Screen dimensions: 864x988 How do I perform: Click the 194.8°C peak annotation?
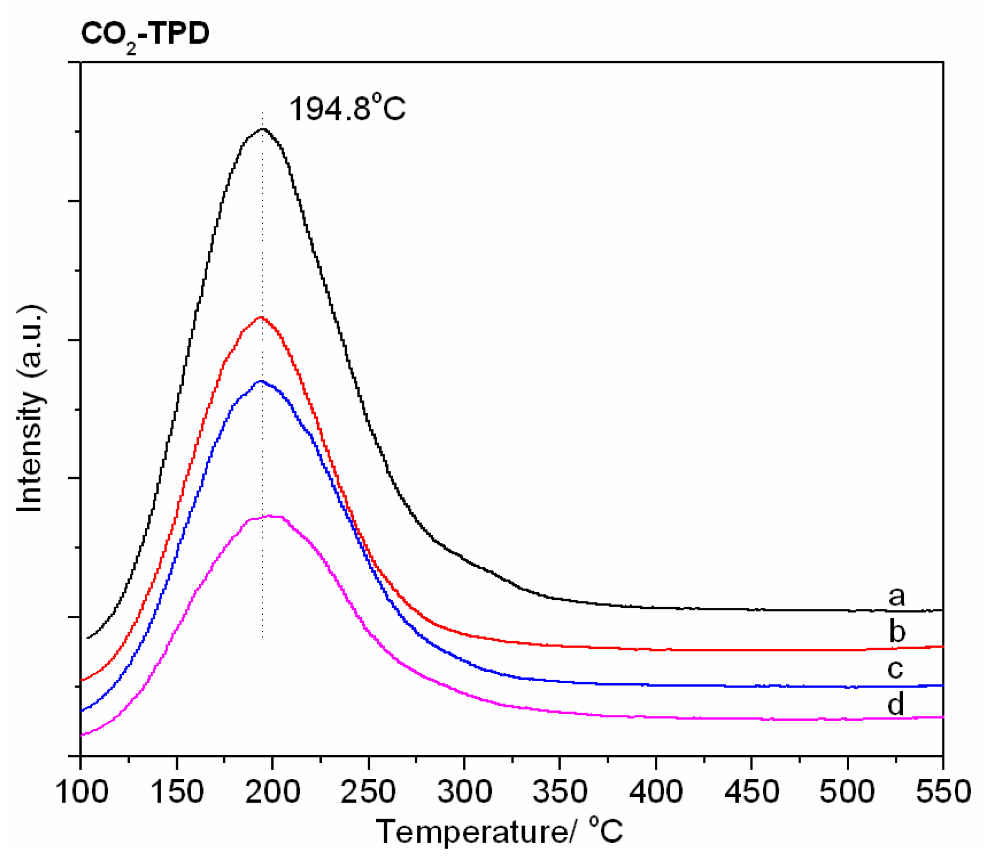tap(347, 108)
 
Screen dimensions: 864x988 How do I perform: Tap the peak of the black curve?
tap(263, 129)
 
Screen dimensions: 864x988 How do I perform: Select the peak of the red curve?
tap(261, 317)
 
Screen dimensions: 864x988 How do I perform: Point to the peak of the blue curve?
tap(261, 381)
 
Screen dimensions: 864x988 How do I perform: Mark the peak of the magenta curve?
tap(270, 516)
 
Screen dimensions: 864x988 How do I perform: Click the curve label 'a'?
tap(896, 596)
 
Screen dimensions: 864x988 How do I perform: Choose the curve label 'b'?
tap(897, 632)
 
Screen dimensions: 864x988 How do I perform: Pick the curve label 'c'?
tap(895, 668)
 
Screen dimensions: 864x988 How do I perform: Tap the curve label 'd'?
tap(895, 704)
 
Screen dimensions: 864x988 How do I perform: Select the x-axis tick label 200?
tap(273, 792)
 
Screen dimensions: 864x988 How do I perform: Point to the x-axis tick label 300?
tap(465, 792)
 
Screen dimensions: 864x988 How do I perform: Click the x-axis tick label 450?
tap(752, 792)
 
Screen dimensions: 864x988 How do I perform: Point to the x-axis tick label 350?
tap(560, 792)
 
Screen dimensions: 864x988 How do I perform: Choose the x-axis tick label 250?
tap(368, 792)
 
